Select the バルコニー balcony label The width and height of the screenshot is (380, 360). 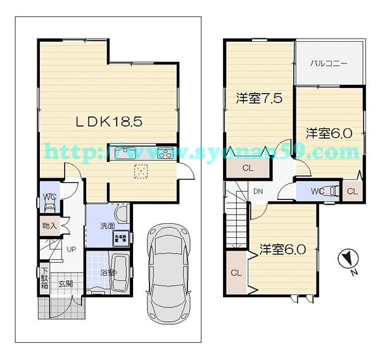(x=329, y=64)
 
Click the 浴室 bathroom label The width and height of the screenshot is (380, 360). (x=108, y=272)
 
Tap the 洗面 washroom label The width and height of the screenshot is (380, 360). (x=106, y=227)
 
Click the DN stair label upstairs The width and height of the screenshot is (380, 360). (x=258, y=192)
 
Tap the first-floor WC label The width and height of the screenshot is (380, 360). (x=49, y=197)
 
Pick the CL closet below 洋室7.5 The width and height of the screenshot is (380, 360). (x=248, y=168)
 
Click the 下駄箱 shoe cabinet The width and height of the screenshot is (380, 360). (x=43, y=273)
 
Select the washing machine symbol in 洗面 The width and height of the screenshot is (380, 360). (x=119, y=239)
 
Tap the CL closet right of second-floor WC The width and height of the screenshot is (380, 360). (x=352, y=191)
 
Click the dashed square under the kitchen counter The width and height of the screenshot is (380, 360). (x=140, y=171)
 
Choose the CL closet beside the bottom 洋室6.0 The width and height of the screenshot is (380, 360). (x=236, y=273)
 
